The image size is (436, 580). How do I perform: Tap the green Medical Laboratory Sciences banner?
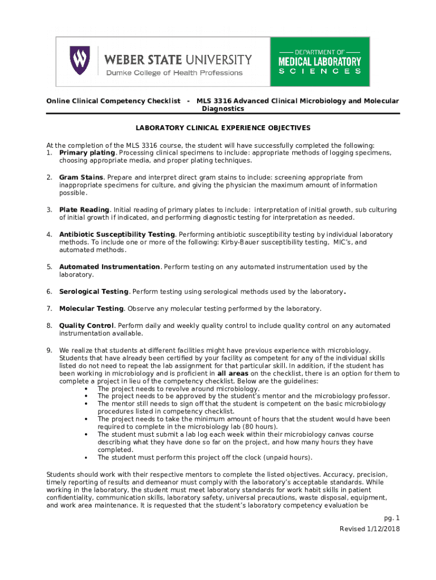point(320,61)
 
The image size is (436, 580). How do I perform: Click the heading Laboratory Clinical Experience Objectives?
point(223,128)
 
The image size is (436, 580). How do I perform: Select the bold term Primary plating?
point(87,153)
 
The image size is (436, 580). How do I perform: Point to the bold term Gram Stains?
point(81,177)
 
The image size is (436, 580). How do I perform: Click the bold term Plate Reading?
point(84,210)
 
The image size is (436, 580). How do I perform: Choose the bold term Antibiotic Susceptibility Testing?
point(117,234)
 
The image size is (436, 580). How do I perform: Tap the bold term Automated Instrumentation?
point(110,267)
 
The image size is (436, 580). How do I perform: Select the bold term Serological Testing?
point(94,292)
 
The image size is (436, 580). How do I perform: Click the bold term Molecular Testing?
point(91,309)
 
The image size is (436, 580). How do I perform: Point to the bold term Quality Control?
point(87,326)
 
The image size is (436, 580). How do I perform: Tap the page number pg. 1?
point(392,518)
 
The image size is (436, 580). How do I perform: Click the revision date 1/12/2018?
point(385,528)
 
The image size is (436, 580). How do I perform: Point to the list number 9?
point(49,350)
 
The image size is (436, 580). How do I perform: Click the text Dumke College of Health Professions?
point(174,72)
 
